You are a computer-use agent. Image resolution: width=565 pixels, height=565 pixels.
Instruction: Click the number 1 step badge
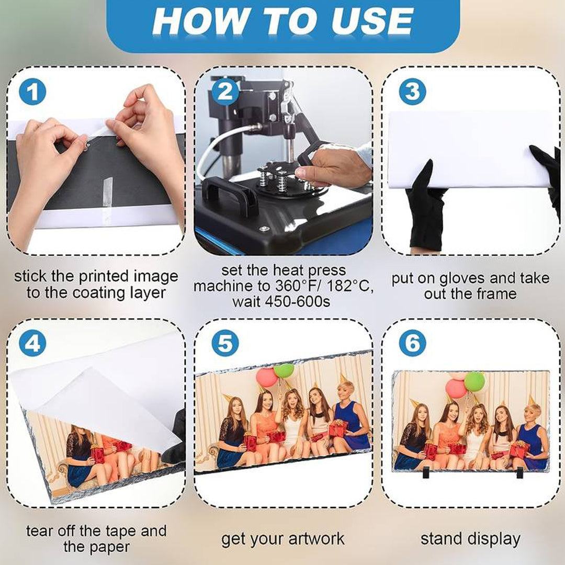(x=32, y=92)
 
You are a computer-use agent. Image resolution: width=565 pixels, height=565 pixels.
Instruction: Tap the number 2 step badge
(x=225, y=92)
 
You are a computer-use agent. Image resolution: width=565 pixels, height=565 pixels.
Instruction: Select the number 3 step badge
(x=413, y=92)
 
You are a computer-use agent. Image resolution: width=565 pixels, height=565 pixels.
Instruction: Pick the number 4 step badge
(x=32, y=343)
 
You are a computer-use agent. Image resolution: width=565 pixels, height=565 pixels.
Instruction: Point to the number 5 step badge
(x=225, y=343)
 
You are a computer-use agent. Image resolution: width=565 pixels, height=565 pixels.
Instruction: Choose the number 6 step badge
(x=413, y=343)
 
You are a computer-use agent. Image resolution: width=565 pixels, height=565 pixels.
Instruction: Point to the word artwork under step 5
(x=317, y=539)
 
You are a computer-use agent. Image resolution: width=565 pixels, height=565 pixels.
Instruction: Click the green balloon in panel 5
(x=284, y=371)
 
